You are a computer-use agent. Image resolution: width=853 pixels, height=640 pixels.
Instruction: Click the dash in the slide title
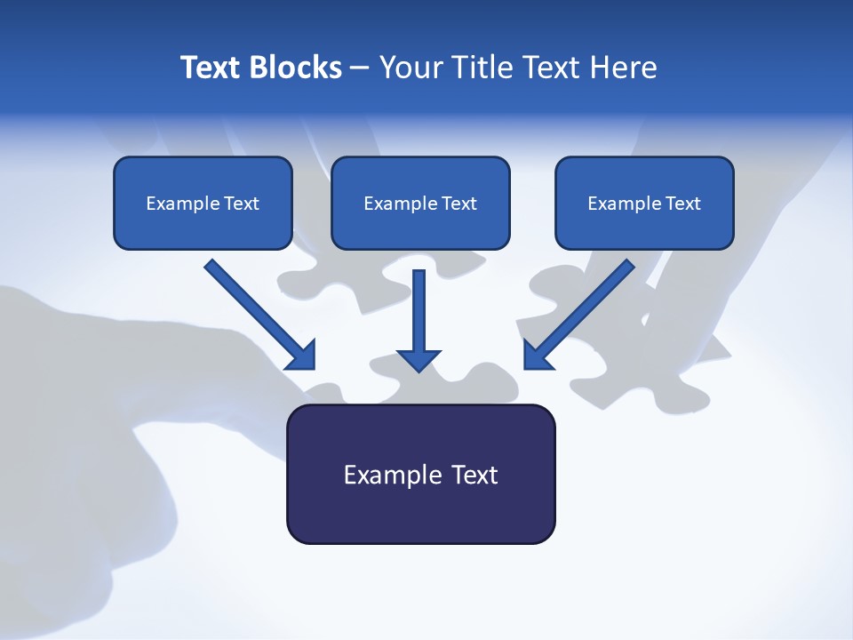pos(360,68)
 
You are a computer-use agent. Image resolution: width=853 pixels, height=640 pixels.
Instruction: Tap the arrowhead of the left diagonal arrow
pos(303,356)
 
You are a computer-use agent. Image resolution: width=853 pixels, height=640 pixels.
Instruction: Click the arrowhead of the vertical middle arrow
pos(419,359)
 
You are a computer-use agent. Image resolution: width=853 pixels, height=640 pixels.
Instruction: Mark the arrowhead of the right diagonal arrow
pos(537,356)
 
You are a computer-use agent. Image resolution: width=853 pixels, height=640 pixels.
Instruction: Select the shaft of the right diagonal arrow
pos(591,302)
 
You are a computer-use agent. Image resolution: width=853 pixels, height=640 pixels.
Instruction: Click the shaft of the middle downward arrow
pos(419,307)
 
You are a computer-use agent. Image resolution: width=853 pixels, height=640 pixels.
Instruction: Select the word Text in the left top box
pos(241,204)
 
